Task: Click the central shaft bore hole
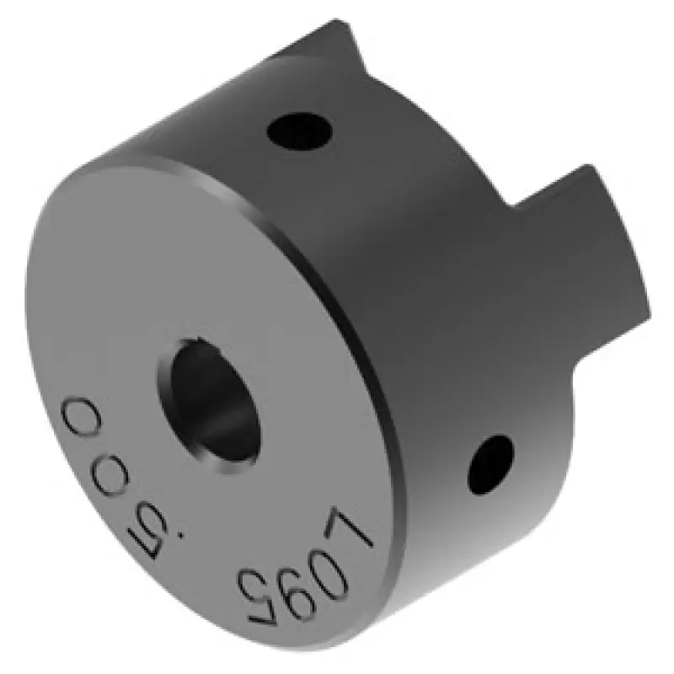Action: [x=211, y=404]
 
